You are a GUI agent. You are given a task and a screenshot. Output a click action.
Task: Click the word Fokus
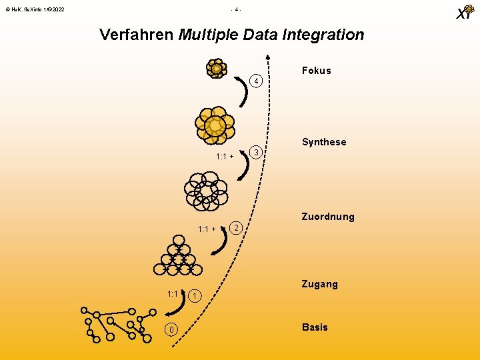click(x=316, y=71)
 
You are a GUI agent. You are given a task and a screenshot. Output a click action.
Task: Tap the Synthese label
click(x=324, y=142)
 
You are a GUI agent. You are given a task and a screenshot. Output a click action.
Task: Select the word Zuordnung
click(x=328, y=217)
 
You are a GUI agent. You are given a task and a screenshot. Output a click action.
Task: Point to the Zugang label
click(x=320, y=284)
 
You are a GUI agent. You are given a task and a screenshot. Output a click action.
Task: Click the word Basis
click(x=315, y=327)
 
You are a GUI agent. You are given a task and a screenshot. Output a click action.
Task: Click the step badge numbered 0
click(x=172, y=329)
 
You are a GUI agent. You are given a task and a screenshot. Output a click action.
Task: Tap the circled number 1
click(x=193, y=295)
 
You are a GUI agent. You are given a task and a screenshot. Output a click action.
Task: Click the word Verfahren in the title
click(x=137, y=35)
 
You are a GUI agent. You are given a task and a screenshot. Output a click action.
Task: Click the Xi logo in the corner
click(x=464, y=13)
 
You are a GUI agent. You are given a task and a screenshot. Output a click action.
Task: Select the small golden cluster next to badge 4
click(x=216, y=69)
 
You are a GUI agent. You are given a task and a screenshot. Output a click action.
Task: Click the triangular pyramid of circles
click(x=177, y=256)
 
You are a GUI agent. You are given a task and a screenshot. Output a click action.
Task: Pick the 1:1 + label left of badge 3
click(x=225, y=157)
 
